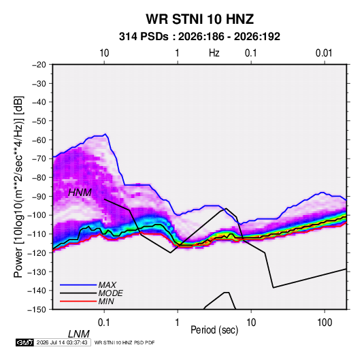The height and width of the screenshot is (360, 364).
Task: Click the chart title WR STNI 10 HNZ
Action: tap(199, 19)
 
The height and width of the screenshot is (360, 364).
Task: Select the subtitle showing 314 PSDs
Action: tap(199, 37)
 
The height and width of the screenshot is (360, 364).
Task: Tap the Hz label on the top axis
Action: tap(214, 53)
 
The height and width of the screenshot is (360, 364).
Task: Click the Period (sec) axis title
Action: tap(214, 330)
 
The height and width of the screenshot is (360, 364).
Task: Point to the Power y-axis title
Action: tap(18, 187)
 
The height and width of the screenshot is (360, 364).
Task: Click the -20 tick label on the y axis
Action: tap(39, 65)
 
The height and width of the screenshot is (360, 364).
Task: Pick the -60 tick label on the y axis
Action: tap(39, 140)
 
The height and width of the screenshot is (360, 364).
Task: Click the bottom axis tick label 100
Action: tap(325, 322)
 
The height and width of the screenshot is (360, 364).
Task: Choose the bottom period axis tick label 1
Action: tap(178, 322)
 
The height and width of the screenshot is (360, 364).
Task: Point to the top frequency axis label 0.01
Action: tap(324, 53)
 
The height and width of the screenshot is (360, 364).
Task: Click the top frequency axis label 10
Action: tap(104, 53)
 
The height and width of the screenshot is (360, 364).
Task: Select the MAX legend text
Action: tap(107, 284)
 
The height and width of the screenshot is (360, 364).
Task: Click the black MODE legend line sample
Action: tap(78, 293)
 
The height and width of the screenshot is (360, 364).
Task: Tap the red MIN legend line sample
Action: tap(78, 301)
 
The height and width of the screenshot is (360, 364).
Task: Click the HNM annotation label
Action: tap(80, 193)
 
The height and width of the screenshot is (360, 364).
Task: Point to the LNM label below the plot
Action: tap(79, 334)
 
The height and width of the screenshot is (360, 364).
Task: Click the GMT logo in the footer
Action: tap(24, 342)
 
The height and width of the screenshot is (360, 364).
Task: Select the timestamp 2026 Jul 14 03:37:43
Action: tap(62, 342)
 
